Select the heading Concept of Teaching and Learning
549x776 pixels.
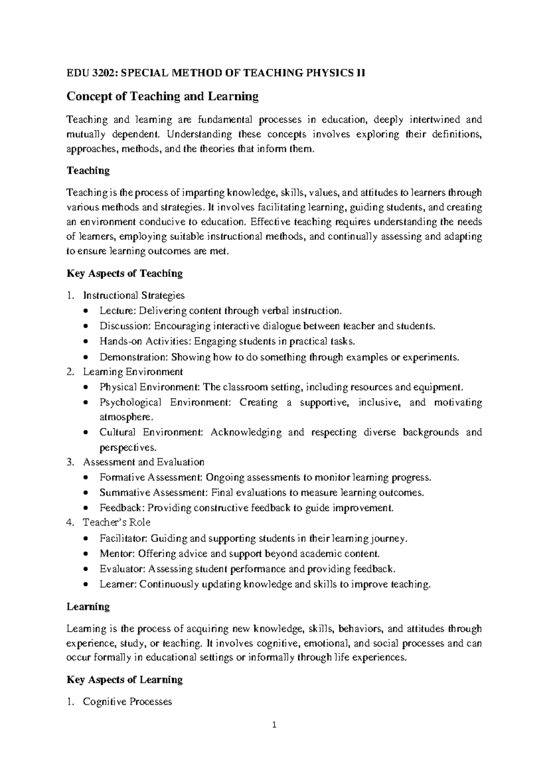tap(162, 97)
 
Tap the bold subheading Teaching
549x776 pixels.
tap(88, 171)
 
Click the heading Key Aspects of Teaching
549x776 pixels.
tap(124, 274)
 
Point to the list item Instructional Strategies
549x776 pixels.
tap(134, 296)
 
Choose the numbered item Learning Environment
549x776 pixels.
tap(133, 372)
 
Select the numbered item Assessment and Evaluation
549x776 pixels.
tap(143, 462)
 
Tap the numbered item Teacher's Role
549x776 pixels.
tap(116, 523)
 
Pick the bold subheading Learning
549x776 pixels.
tap(88, 607)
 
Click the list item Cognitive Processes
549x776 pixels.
tap(127, 702)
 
